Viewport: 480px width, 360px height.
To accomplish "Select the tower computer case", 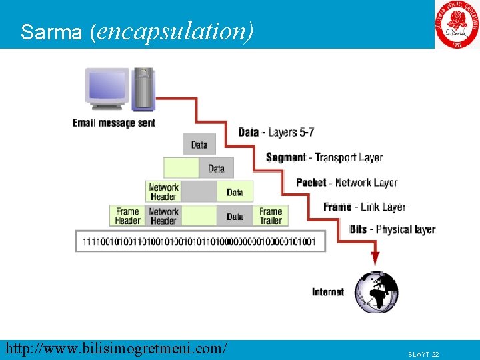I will pyautogui.click(x=143, y=88).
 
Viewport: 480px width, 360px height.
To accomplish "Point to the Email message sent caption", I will pyautogui.click(x=114, y=123).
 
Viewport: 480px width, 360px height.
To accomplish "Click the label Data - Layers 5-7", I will pyautogui.click(x=276, y=132).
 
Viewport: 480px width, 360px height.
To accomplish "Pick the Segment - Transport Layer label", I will pyautogui.click(x=324, y=157).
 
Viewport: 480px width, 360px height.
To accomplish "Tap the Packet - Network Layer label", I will pyautogui.click(x=347, y=182).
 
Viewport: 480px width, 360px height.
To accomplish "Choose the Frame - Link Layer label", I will pyautogui.click(x=364, y=207).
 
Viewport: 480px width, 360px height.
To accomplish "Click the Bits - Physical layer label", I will pyautogui.click(x=392, y=229).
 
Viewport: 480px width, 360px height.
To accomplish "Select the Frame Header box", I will pyautogui.click(x=127, y=216).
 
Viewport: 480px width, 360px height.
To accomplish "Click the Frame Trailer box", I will pyautogui.click(x=271, y=216).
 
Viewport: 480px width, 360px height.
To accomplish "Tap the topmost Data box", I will pyautogui.click(x=199, y=145).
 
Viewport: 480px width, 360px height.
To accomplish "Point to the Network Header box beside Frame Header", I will pyautogui.click(x=163, y=216).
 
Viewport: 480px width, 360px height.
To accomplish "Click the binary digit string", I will pyautogui.click(x=199, y=241).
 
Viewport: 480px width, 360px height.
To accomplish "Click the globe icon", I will pyautogui.click(x=376, y=292).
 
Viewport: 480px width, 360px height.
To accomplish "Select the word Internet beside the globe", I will pyautogui.click(x=328, y=292).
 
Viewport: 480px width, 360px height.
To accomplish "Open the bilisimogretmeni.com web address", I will pyautogui.click(x=115, y=348).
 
